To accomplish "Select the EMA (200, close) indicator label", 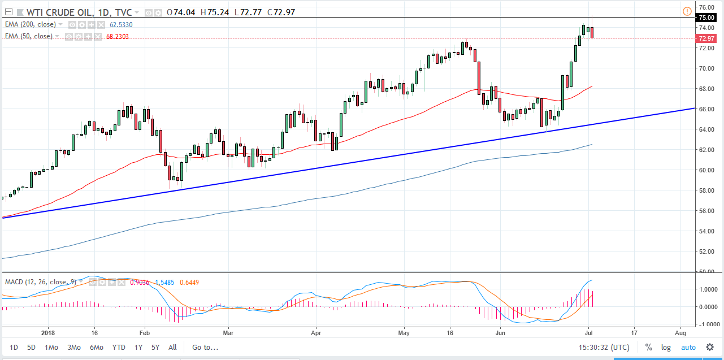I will click(x=31, y=25).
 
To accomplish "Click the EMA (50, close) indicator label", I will click(x=29, y=36).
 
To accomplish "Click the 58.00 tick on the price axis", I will click(x=707, y=190).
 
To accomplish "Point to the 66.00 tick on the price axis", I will click(x=707, y=109).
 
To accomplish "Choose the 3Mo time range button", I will click(x=73, y=348).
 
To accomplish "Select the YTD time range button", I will click(x=119, y=348).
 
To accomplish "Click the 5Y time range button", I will click(x=155, y=348).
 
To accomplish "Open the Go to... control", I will click(x=205, y=348).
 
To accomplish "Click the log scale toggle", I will click(x=666, y=348).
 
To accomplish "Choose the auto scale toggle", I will click(x=688, y=348).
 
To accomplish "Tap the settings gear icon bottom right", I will click(x=710, y=348).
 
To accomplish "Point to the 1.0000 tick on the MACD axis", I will click(x=708, y=289).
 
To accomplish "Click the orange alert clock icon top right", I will click(x=687, y=11).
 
